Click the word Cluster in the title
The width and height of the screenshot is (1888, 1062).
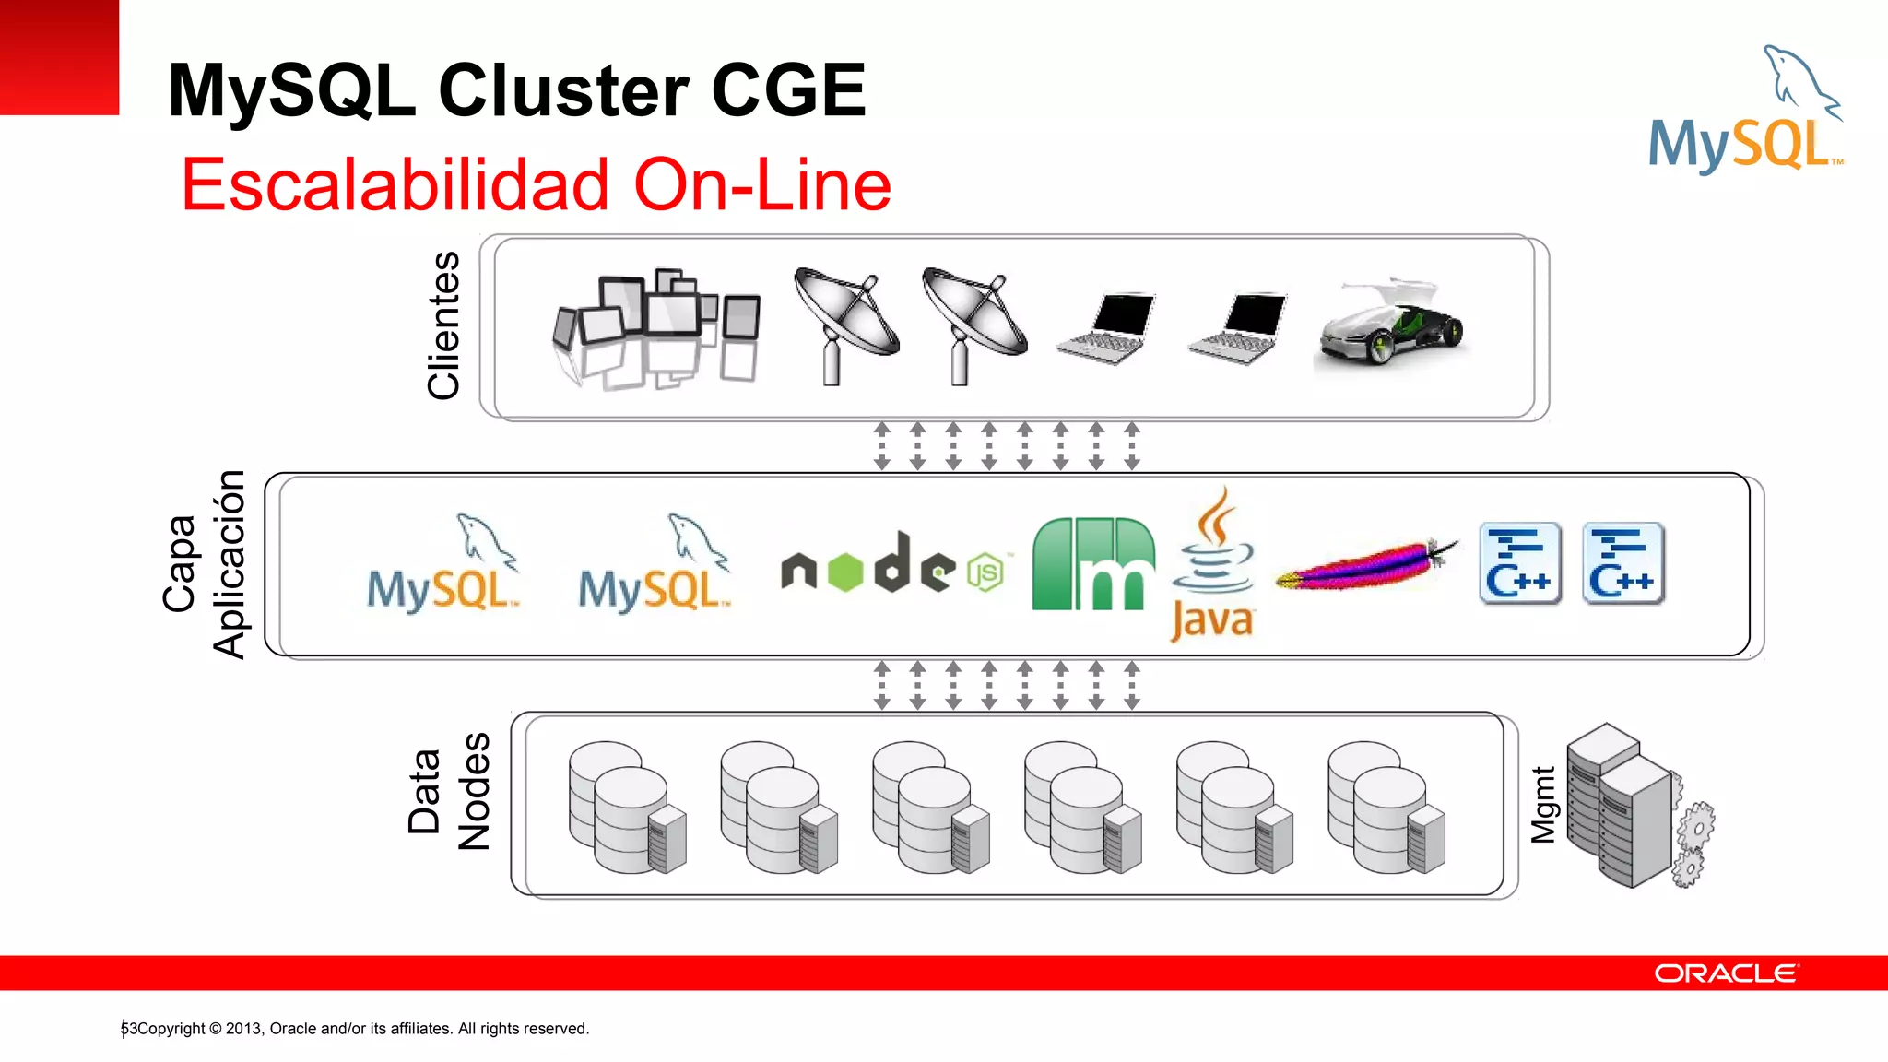(x=562, y=90)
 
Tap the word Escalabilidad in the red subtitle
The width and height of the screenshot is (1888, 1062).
(x=395, y=184)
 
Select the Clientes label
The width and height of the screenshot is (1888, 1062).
(x=443, y=324)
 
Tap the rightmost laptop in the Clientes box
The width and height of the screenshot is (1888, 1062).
(x=1238, y=328)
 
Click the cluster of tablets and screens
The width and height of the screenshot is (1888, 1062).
(x=656, y=327)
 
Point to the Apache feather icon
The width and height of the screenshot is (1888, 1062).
(x=1367, y=565)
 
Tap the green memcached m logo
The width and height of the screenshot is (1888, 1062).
(x=1093, y=564)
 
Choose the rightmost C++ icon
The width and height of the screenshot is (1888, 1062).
(x=1622, y=563)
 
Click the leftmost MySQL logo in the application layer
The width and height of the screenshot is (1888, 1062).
(x=442, y=565)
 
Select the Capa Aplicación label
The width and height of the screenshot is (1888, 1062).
(x=204, y=564)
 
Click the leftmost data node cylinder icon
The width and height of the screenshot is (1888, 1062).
(x=627, y=808)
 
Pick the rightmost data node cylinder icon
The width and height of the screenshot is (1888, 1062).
(x=1386, y=808)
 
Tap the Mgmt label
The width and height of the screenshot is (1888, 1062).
(x=1542, y=804)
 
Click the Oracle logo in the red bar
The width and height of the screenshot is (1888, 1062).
(x=1725, y=973)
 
